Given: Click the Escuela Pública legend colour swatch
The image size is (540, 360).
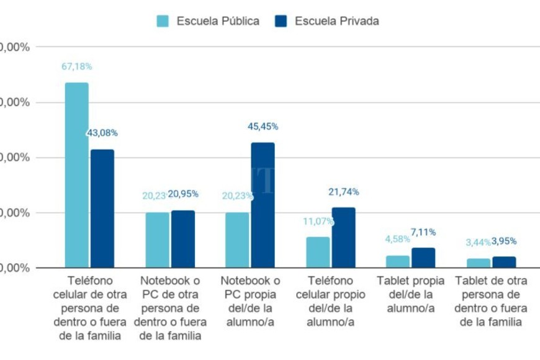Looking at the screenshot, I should click(x=163, y=21).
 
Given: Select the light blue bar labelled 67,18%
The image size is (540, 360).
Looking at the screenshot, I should click(x=76, y=175).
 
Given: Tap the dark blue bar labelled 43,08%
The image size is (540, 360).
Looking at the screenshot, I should click(x=102, y=209).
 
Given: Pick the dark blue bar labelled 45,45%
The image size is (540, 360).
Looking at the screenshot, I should click(x=263, y=205).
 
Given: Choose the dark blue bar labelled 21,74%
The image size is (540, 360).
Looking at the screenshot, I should click(x=343, y=238).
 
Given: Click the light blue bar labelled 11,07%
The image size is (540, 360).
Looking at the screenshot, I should click(x=318, y=252).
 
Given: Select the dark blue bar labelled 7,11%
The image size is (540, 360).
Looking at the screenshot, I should click(x=423, y=258).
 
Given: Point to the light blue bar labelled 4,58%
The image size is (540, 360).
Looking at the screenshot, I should click(x=398, y=261).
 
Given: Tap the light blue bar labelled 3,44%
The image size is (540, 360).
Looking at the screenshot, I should click(x=478, y=263).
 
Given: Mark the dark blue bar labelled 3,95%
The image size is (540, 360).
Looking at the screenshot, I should click(x=504, y=262).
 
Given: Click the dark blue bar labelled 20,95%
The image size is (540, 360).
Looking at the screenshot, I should click(x=183, y=239).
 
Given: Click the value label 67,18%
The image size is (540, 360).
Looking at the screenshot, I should click(x=76, y=66).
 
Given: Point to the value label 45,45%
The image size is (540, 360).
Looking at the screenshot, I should click(x=263, y=126).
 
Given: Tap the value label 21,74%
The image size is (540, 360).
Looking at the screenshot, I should click(x=343, y=192).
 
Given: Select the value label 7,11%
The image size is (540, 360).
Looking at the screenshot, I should click(x=423, y=232).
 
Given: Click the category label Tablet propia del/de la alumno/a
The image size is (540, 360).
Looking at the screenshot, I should click(x=410, y=294).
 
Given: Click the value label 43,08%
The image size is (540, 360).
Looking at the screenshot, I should click(x=102, y=133).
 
